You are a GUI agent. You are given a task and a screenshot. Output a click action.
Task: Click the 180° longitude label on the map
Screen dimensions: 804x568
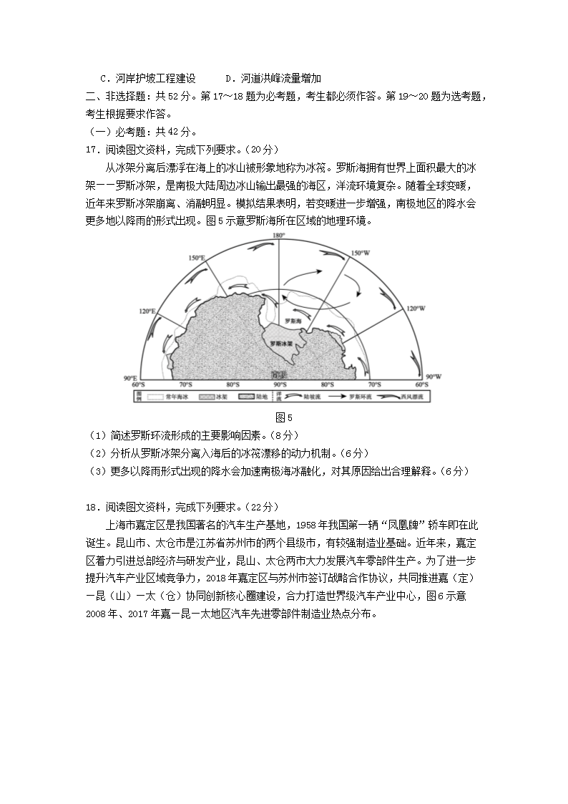click(278, 236)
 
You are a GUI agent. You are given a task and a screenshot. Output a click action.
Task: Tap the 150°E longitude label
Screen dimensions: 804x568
click(197, 257)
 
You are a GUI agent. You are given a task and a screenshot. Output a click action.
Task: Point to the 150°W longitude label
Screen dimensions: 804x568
click(360, 253)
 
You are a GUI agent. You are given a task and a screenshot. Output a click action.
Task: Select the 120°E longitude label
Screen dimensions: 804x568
click(147, 311)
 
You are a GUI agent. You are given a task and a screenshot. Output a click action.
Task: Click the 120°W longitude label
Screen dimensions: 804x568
click(416, 309)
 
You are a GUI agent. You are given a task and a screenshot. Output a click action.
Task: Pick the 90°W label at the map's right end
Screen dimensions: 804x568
click(433, 377)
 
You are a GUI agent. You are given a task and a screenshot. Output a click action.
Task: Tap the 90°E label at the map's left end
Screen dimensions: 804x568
click(129, 377)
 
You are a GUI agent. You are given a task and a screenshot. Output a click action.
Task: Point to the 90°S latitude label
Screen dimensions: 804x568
click(278, 374)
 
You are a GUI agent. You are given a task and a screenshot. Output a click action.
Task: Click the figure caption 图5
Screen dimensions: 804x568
click(284, 417)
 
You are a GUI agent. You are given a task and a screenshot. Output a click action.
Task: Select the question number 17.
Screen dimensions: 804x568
click(91, 150)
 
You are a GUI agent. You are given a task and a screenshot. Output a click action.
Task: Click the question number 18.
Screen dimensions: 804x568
click(91, 507)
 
